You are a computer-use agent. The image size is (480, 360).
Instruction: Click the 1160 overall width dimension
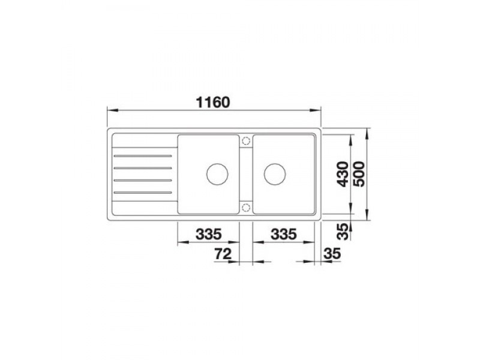[x=213, y=102]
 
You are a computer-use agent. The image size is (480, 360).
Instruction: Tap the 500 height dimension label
[x=359, y=174]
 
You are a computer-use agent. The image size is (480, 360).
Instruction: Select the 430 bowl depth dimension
[x=343, y=174]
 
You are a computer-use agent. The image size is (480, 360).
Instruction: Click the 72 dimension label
[x=223, y=253]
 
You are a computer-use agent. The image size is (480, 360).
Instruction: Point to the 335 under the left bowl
[x=208, y=234]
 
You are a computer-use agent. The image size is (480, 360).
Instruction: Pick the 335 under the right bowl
[x=284, y=234]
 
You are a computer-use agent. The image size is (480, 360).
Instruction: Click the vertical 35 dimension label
[x=343, y=232]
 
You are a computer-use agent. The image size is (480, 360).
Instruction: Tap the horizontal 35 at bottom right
[x=332, y=253]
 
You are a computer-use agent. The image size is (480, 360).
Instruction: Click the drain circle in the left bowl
[x=217, y=174]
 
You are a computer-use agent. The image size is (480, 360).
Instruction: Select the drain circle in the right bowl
[x=275, y=174]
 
